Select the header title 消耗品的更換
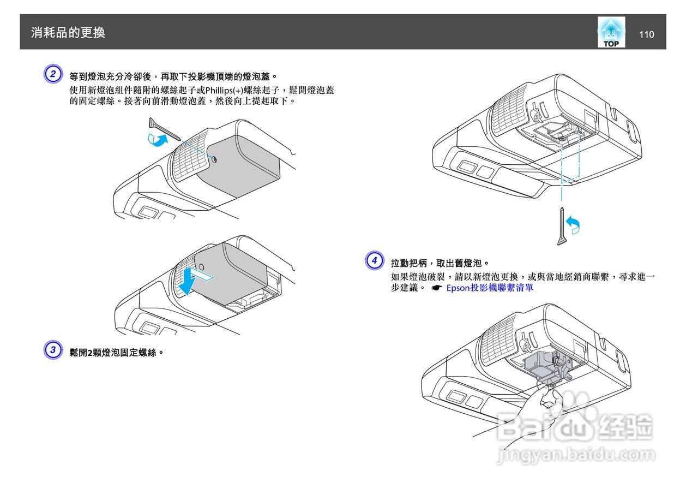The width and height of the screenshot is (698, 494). (x=68, y=33)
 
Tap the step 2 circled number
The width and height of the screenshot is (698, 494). (x=52, y=74)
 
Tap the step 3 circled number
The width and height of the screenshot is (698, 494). (x=52, y=350)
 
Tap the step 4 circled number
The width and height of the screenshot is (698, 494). (x=374, y=260)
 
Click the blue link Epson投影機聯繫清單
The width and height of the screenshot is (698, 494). (x=489, y=288)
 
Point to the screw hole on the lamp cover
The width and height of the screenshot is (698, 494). (x=213, y=160)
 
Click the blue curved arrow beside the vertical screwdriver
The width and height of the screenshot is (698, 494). (x=573, y=224)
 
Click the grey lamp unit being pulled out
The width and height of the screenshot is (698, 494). (x=543, y=366)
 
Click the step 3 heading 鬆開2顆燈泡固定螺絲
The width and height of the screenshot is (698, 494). (x=117, y=352)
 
